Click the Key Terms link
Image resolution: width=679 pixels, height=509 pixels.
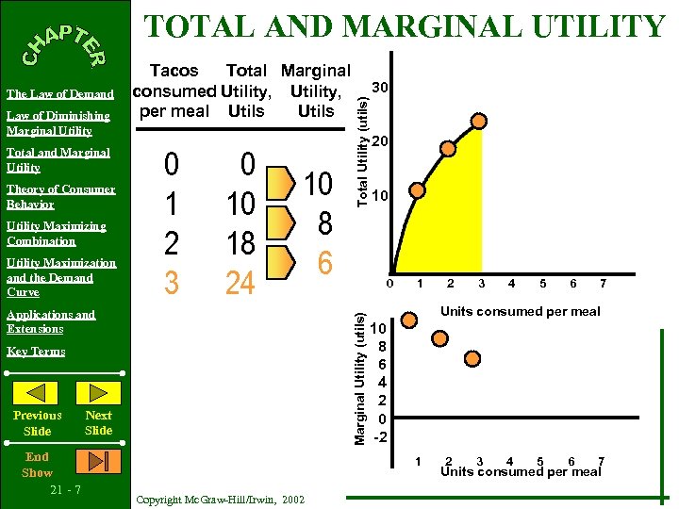click(36, 352)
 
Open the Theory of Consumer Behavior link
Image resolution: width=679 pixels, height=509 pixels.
click(60, 196)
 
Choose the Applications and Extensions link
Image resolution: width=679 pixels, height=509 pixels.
click(51, 321)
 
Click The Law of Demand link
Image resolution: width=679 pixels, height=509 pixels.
click(60, 94)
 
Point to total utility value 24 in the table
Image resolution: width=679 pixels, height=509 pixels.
click(240, 281)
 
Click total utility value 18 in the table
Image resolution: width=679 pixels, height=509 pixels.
click(240, 242)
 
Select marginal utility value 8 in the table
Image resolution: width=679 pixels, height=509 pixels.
click(324, 223)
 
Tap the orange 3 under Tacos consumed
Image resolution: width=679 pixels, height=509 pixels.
click(171, 281)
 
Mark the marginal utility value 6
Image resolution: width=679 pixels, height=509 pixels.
click(324, 263)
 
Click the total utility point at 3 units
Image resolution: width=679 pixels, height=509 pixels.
click(480, 121)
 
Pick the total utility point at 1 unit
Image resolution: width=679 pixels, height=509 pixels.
click(418, 189)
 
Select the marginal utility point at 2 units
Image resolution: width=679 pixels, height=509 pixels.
click(440, 338)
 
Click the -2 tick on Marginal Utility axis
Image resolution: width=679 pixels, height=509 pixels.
click(379, 437)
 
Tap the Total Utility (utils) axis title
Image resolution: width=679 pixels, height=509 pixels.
click(360, 141)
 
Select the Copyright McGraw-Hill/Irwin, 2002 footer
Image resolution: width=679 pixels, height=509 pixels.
click(221, 499)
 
